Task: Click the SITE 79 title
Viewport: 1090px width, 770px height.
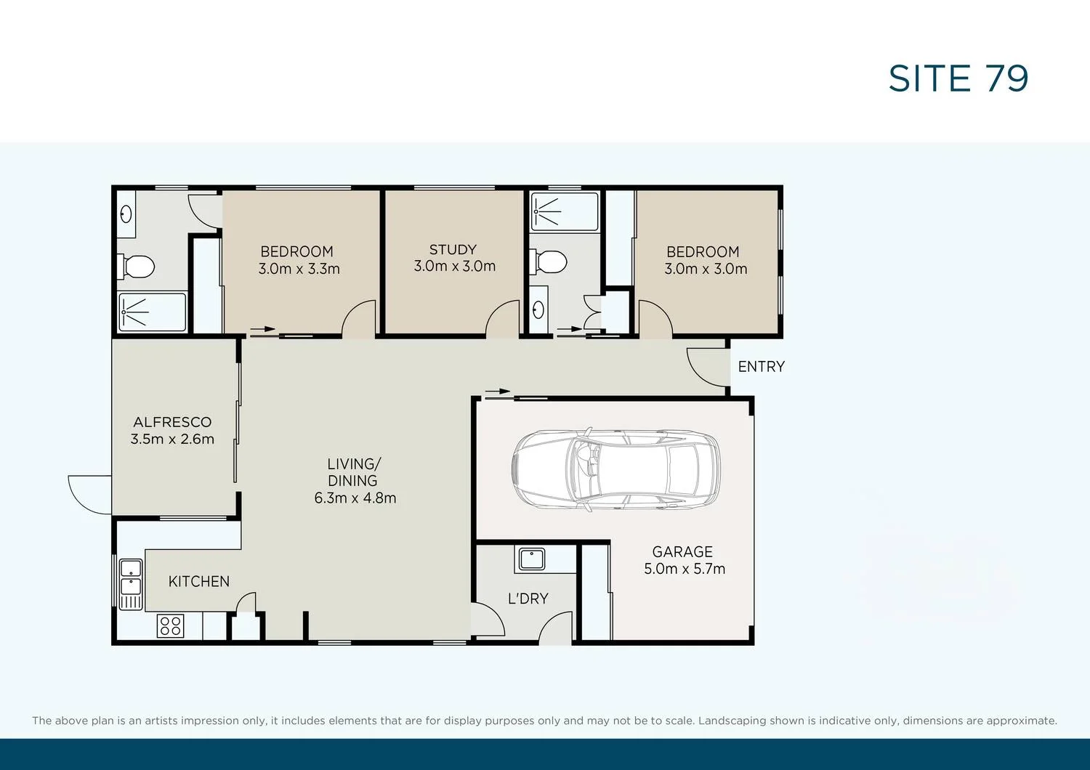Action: pos(958,78)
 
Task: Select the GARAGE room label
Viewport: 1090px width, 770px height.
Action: pos(682,552)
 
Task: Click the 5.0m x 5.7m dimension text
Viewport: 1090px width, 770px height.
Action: pos(685,569)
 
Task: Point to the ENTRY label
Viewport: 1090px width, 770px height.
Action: pos(761,367)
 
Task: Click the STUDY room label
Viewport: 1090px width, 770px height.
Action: pos(453,250)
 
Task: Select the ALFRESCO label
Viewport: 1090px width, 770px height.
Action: pos(172,422)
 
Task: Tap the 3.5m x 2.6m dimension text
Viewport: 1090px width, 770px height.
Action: pos(172,439)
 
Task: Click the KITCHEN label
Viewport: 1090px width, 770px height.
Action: pos(198,582)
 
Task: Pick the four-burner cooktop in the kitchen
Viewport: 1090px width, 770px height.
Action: pos(170,626)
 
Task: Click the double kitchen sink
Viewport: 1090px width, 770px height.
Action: pos(131,577)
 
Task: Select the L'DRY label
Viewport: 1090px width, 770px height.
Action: pos(528,599)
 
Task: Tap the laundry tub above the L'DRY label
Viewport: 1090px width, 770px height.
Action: pos(532,559)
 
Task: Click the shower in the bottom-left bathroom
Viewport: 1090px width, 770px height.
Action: pos(152,312)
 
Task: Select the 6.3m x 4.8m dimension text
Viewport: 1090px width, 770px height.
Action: pos(355,498)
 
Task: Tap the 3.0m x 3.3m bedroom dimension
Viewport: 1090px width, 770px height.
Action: pos(299,269)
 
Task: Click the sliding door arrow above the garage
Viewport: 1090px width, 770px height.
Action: pos(498,392)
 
